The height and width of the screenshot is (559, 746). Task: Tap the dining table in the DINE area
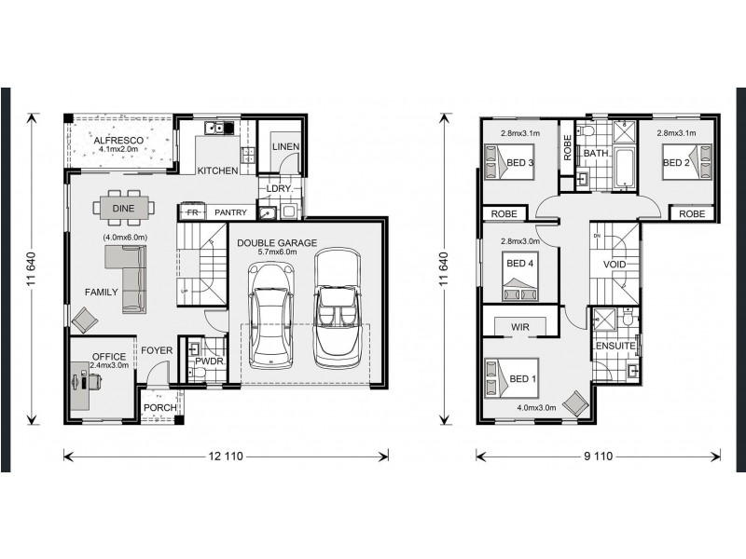[123, 210]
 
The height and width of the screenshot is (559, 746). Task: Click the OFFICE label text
[108, 357]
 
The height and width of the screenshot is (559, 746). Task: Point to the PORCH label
[159, 406]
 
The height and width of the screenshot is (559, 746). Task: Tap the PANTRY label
[229, 212]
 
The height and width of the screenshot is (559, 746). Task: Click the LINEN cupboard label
[284, 147]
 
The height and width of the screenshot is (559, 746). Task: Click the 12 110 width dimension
[227, 456]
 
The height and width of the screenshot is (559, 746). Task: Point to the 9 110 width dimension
[599, 456]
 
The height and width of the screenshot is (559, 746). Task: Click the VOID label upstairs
[615, 265]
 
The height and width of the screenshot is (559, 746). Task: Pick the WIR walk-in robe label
[520, 327]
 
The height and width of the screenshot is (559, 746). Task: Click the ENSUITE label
[615, 347]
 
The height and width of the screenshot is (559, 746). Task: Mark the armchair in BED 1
[575, 402]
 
